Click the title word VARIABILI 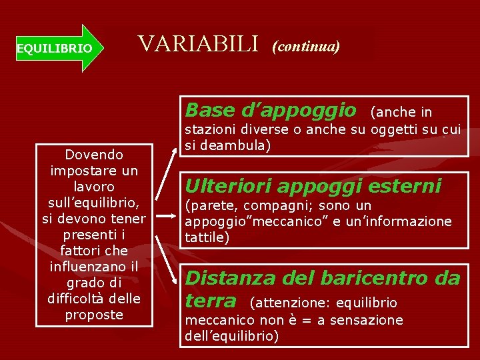tap(197, 44)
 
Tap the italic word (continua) tap(306, 46)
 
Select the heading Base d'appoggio tap(271, 109)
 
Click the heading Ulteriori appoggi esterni tap(313, 185)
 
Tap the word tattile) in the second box tap(207, 236)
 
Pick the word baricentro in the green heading tap(379, 277)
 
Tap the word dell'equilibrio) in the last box tap(231, 336)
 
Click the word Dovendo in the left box tap(94, 155)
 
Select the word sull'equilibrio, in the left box tap(94, 203)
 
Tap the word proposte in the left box tap(94, 315)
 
